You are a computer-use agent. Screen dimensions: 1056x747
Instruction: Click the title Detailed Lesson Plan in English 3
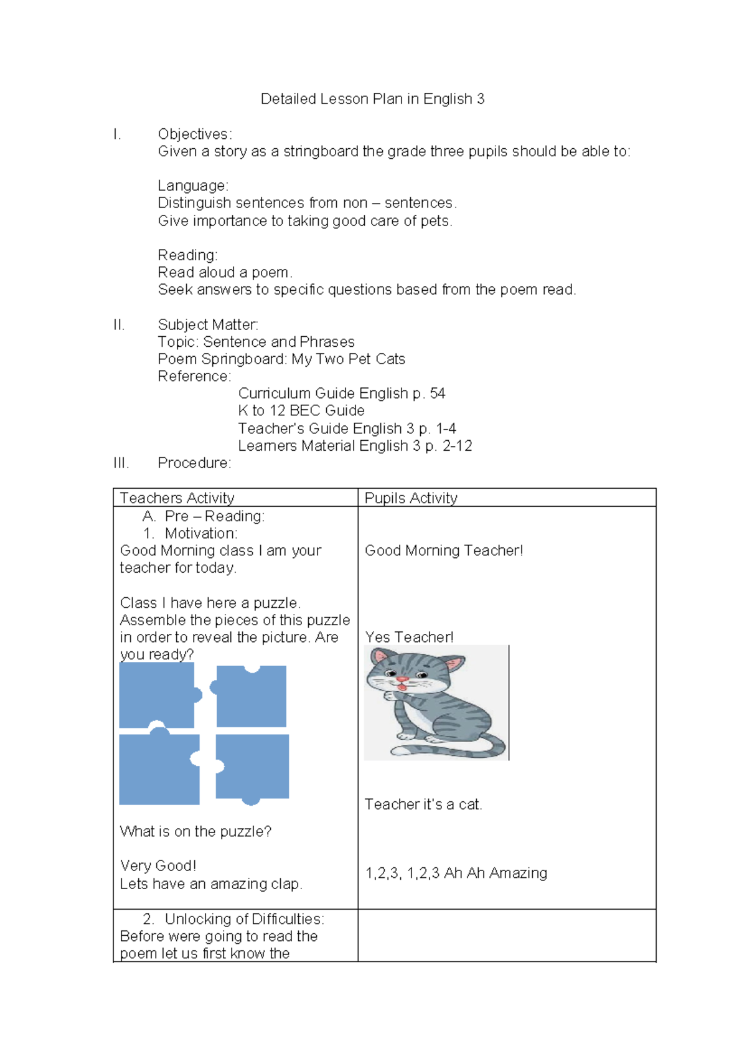(x=372, y=99)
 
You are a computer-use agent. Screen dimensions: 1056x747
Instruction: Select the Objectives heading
(x=194, y=134)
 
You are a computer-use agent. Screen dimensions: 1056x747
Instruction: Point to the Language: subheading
(x=193, y=186)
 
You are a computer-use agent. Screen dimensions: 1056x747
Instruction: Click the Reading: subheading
(x=187, y=255)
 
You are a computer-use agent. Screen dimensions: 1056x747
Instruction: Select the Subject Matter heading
(x=207, y=324)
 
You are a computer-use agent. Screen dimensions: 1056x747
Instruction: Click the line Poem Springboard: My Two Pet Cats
(x=281, y=359)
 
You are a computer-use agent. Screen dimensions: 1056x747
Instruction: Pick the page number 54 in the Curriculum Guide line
(x=438, y=394)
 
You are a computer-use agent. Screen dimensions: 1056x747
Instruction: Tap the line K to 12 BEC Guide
(x=301, y=411)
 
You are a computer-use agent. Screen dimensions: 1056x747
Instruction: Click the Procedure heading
(x=194, y=463)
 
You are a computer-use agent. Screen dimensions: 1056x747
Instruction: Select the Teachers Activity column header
(x=177, y=498)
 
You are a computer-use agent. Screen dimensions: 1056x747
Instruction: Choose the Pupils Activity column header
(x=411, y=498)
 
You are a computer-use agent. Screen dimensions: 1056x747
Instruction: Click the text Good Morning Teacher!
(x=444, y=550)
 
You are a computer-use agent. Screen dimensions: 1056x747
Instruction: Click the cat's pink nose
(x=402, y=679)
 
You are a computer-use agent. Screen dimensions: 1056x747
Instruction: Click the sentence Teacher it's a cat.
(x=423, y=804)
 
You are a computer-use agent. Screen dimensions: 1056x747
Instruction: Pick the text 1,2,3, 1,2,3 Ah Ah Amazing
(x=456, y=873)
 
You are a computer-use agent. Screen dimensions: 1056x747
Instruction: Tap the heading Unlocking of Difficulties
(x=244, y=919)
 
